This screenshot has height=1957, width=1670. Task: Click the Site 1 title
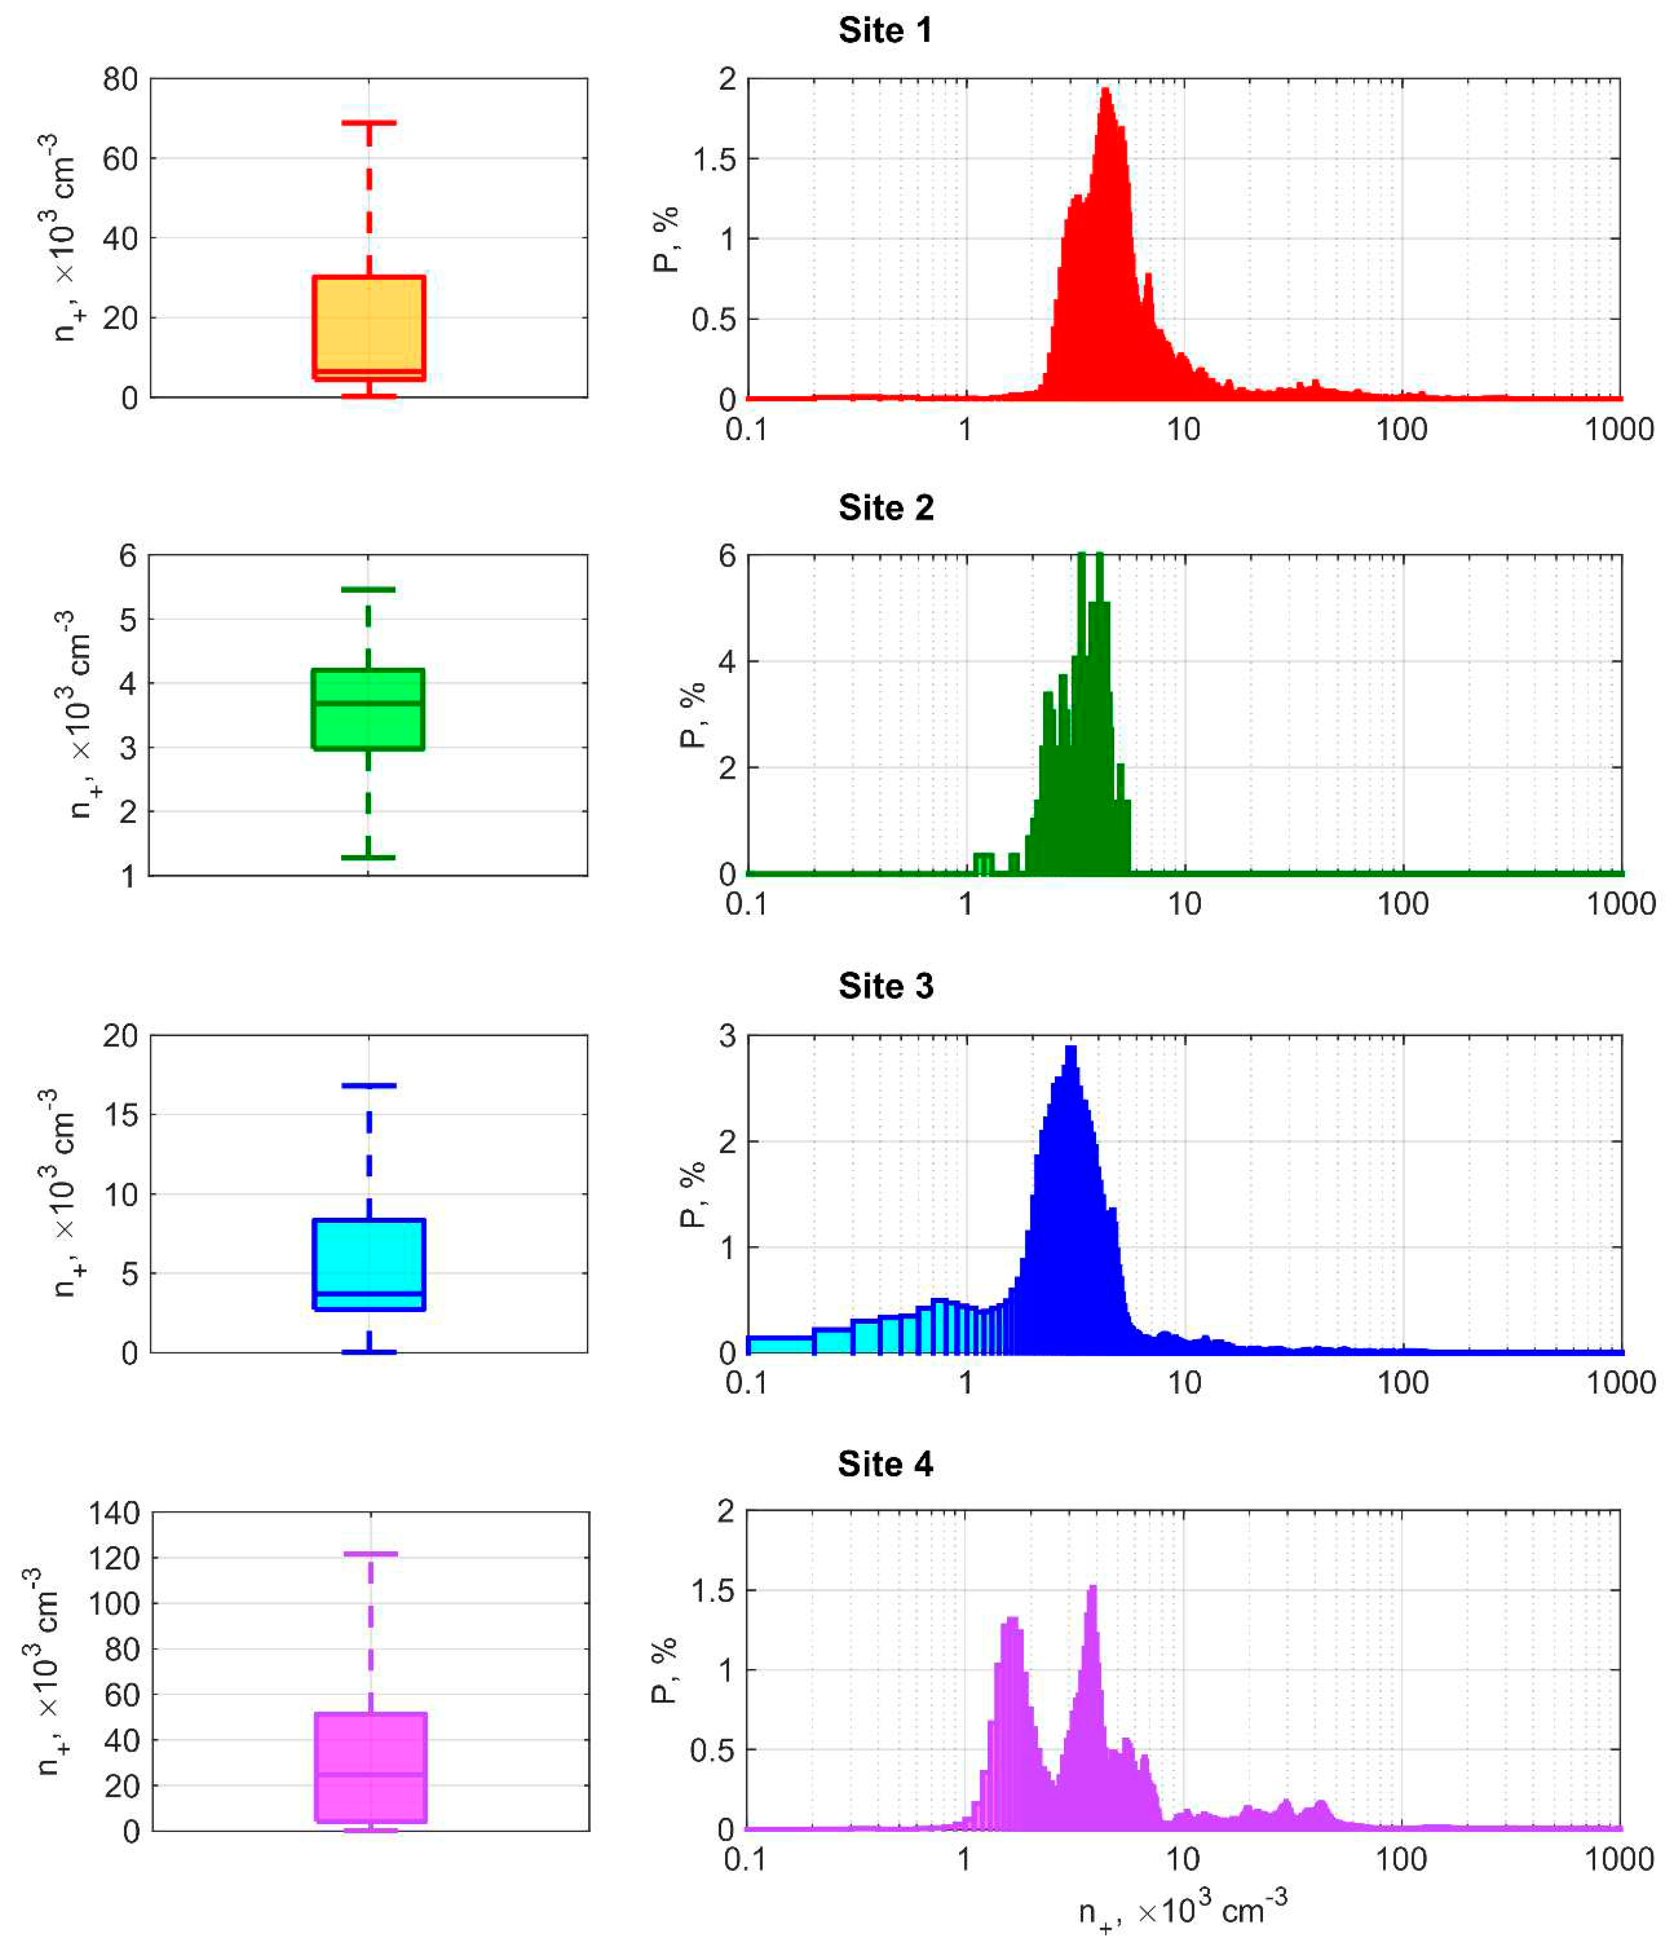click(x=885, y=30)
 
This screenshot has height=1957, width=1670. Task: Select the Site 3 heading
click(x=885, y=986)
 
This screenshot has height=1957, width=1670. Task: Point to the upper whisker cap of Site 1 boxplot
click(x=368, y=123)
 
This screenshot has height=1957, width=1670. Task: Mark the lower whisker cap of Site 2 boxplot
click(x=367, y=858)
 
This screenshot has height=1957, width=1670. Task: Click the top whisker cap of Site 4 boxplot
click(x=370, y=1554)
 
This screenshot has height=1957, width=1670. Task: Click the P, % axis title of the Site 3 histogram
click(x=692, y=1194)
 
